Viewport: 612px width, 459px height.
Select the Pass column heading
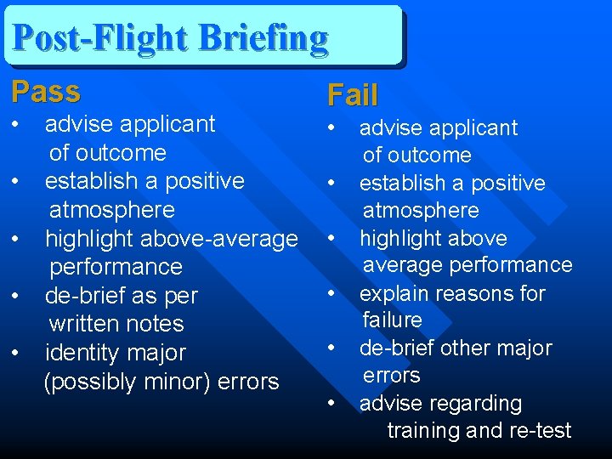click(46, 91)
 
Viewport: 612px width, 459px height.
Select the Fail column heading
click(353, 95)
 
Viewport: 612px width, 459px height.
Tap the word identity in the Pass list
click(78, 353)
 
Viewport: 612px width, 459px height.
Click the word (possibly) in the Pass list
click(93, 382)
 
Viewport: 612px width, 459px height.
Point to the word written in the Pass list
click(83, 324)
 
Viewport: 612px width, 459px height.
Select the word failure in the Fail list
click(392, 320)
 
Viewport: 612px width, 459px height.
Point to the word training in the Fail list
click(426, 431)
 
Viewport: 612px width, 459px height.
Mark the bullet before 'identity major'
click(17, 353)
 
